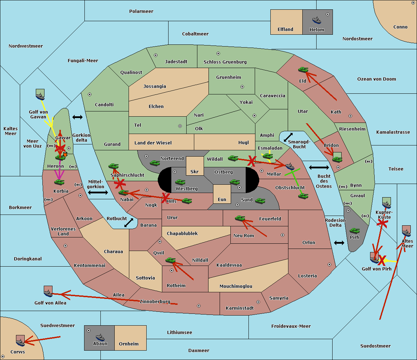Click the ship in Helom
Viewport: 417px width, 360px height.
pyautogui.click(x=317, y=20)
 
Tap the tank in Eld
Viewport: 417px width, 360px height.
pyautogui.click(x=303, y=70)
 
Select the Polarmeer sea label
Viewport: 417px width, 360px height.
pyautogui.click(x=141, y=11)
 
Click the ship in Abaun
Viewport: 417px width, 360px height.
pyautogui.click(x=100, y=337)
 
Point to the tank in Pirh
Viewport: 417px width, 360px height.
pyautogui.click(x=354, y=231)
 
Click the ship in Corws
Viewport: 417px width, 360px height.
pyautogui.click(x=20, y=343)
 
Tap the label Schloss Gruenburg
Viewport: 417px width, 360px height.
pyautogui.click(x=225, y=62)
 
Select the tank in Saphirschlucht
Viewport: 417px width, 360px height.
pyautogui.click(x=113, y=166)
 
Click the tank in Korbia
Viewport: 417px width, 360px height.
pyautogui.click(x=59, y=182)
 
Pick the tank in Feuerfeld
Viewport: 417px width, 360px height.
pyautogui.click(x=240, y=218)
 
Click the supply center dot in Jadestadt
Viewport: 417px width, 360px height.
pyautogui.click(x=156, y=55)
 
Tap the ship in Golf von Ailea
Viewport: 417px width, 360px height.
pyautogui.click(x=48, y=293)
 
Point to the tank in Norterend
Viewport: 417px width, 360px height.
pyautogui.click(x=155, y=163)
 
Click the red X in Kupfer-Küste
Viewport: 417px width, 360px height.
pyautogui.click(x=382, y=223)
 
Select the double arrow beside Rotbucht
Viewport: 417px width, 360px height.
pyautogui.click(x=129, y=223)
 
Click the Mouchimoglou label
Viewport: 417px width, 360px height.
pyautogui.click(x=236, y=286)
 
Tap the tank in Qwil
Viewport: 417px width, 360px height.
pyautogui.click(x=170, y=260)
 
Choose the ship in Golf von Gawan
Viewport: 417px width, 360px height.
pyautogui.click(x=40, y=96)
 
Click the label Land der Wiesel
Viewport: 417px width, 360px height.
pyautogui.click(x=153, y=143)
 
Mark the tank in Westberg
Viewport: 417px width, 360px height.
pyautogui.click(x=180, y=182)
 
